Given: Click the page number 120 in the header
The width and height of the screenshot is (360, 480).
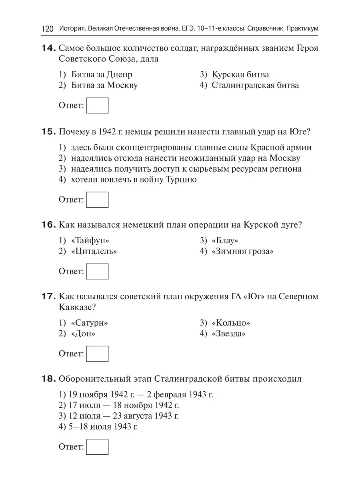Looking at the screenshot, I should (47, 29).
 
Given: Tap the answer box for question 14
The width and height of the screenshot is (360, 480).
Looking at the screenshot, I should (97, 106).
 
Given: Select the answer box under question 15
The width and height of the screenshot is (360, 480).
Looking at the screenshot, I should (97, 200).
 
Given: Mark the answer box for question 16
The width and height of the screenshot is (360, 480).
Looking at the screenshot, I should (97, 272).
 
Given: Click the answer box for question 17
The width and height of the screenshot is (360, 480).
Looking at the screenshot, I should (97, 354).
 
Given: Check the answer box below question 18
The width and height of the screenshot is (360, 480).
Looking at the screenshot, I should (97, 447).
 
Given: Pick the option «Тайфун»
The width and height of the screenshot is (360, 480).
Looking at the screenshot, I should (90, 240).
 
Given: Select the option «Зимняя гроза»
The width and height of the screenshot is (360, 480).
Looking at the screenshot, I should (243, 251).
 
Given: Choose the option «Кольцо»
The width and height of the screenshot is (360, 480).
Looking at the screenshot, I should (231, 322).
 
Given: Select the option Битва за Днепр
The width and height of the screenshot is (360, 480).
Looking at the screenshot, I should (102, 74).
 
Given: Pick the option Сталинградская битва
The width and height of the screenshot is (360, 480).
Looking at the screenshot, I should (255, 85).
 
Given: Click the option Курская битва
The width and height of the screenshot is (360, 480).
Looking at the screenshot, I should (240, 74).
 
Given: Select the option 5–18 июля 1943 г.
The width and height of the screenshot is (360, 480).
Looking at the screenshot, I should (98, 426).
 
